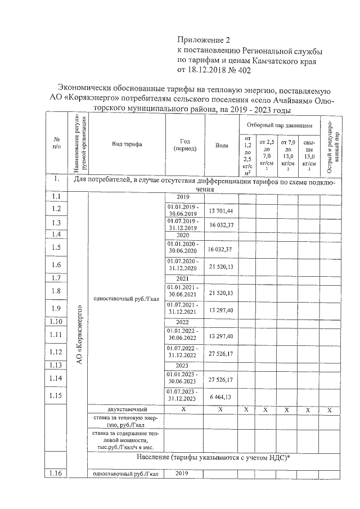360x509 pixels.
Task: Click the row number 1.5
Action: point(56,247)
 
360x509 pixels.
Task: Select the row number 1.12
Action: point(56,352)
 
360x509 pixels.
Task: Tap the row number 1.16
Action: point(56,473)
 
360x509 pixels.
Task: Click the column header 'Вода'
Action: point(221,145)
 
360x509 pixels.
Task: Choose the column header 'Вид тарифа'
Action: point(127,144)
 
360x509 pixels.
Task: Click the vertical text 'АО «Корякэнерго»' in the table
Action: point(79,335)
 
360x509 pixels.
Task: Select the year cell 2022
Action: point(182,322)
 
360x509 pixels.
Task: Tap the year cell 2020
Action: point(182,236)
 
